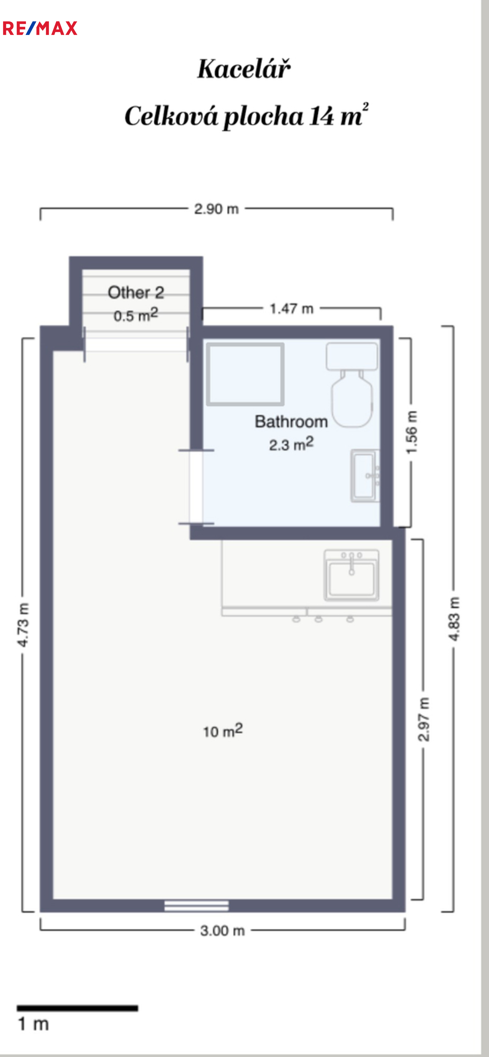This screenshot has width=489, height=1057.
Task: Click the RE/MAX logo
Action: tap(40, 28)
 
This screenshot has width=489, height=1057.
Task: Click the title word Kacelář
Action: tap(244, 68)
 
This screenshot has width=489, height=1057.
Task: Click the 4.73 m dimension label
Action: tap(23, 625)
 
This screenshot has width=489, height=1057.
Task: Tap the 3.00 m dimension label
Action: tap(222, 931)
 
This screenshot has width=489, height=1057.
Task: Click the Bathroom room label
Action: tap(291, 421)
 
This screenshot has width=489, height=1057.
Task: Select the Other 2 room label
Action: tap(136, 293)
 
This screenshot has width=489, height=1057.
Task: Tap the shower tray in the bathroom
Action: tap(245, 374)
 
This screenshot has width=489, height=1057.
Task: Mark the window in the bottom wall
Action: tap(197, 905)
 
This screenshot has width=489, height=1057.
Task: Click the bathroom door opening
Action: tap(196, 487)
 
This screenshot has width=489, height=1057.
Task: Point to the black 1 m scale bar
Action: tap(77, 1008)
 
